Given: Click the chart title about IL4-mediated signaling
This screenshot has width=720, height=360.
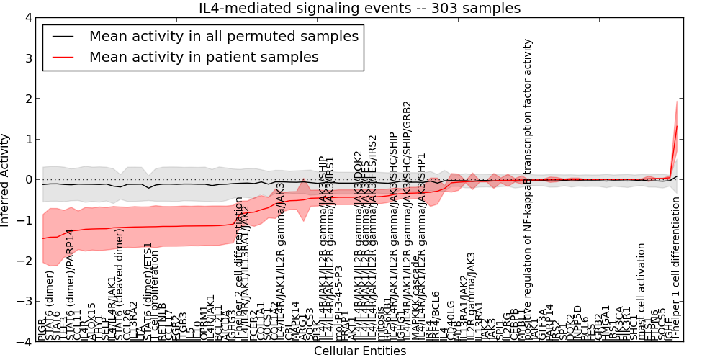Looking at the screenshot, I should pos(359,8).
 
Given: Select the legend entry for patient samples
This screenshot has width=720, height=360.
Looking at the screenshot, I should pos(204,57).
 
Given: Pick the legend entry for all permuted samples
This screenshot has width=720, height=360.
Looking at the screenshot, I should pos(223,35).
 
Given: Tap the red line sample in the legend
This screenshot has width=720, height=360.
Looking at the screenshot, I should pos(63,57).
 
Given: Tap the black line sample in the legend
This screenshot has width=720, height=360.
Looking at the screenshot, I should pos(63,35).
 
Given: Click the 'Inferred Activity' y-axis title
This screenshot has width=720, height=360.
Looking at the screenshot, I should pos(6,180).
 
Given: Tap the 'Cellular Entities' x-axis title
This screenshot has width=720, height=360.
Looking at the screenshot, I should pos(359,351).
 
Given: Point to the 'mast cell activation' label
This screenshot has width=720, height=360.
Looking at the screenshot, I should pos(642,292).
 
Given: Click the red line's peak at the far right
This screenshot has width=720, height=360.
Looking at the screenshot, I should pos(677,126).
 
